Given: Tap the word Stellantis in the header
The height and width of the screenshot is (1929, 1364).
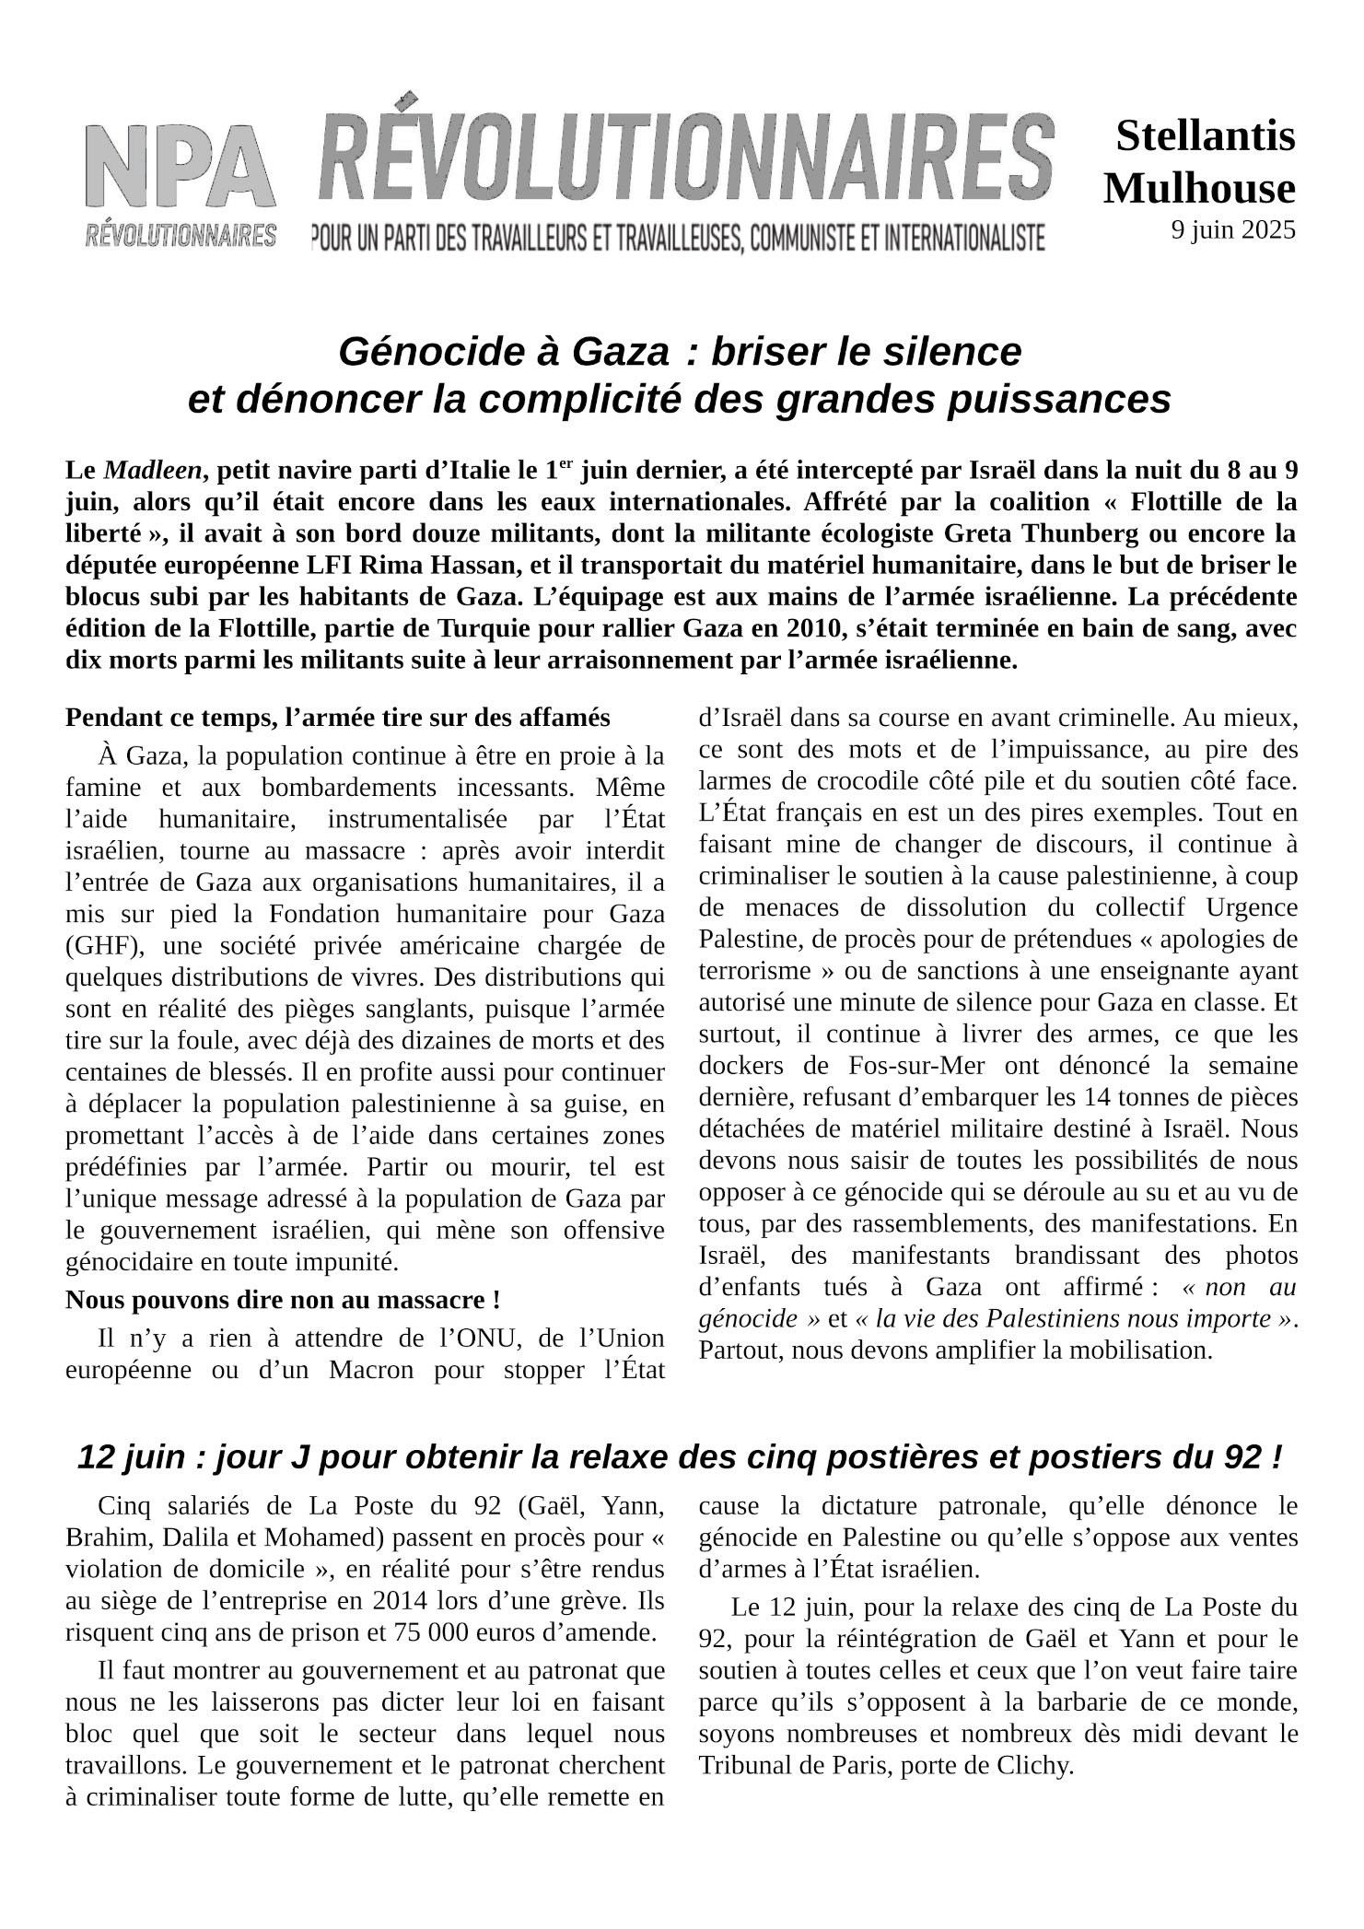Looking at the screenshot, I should tap(1206, 136).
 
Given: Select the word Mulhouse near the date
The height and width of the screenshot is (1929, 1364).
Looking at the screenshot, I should tap(1199, 188).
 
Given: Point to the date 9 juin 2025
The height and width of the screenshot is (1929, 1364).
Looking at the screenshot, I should tap(1233, 230).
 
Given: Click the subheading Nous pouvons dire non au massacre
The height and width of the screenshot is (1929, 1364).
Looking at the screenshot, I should tap(284, 1300).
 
